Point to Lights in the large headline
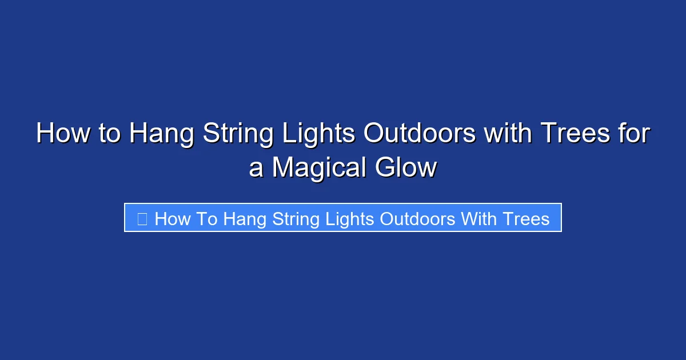321,134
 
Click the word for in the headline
635,134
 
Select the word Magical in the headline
318,168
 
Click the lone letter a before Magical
256,168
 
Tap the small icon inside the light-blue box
142,218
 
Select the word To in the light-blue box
206,218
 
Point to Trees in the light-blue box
526,218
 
